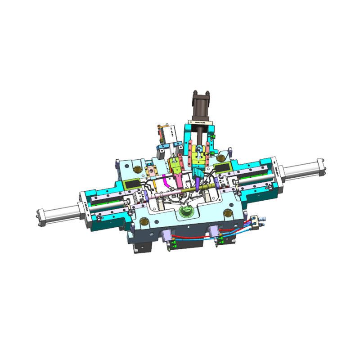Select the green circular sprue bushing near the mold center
click(x=185, y=210)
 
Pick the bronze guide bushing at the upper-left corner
click(x=136, y=170)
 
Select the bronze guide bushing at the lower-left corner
click(x=144, y=221)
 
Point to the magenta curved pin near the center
click(x=167, y=182)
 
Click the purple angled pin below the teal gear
click(x=198, y=183)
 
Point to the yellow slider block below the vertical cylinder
click(x=197, y=155)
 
